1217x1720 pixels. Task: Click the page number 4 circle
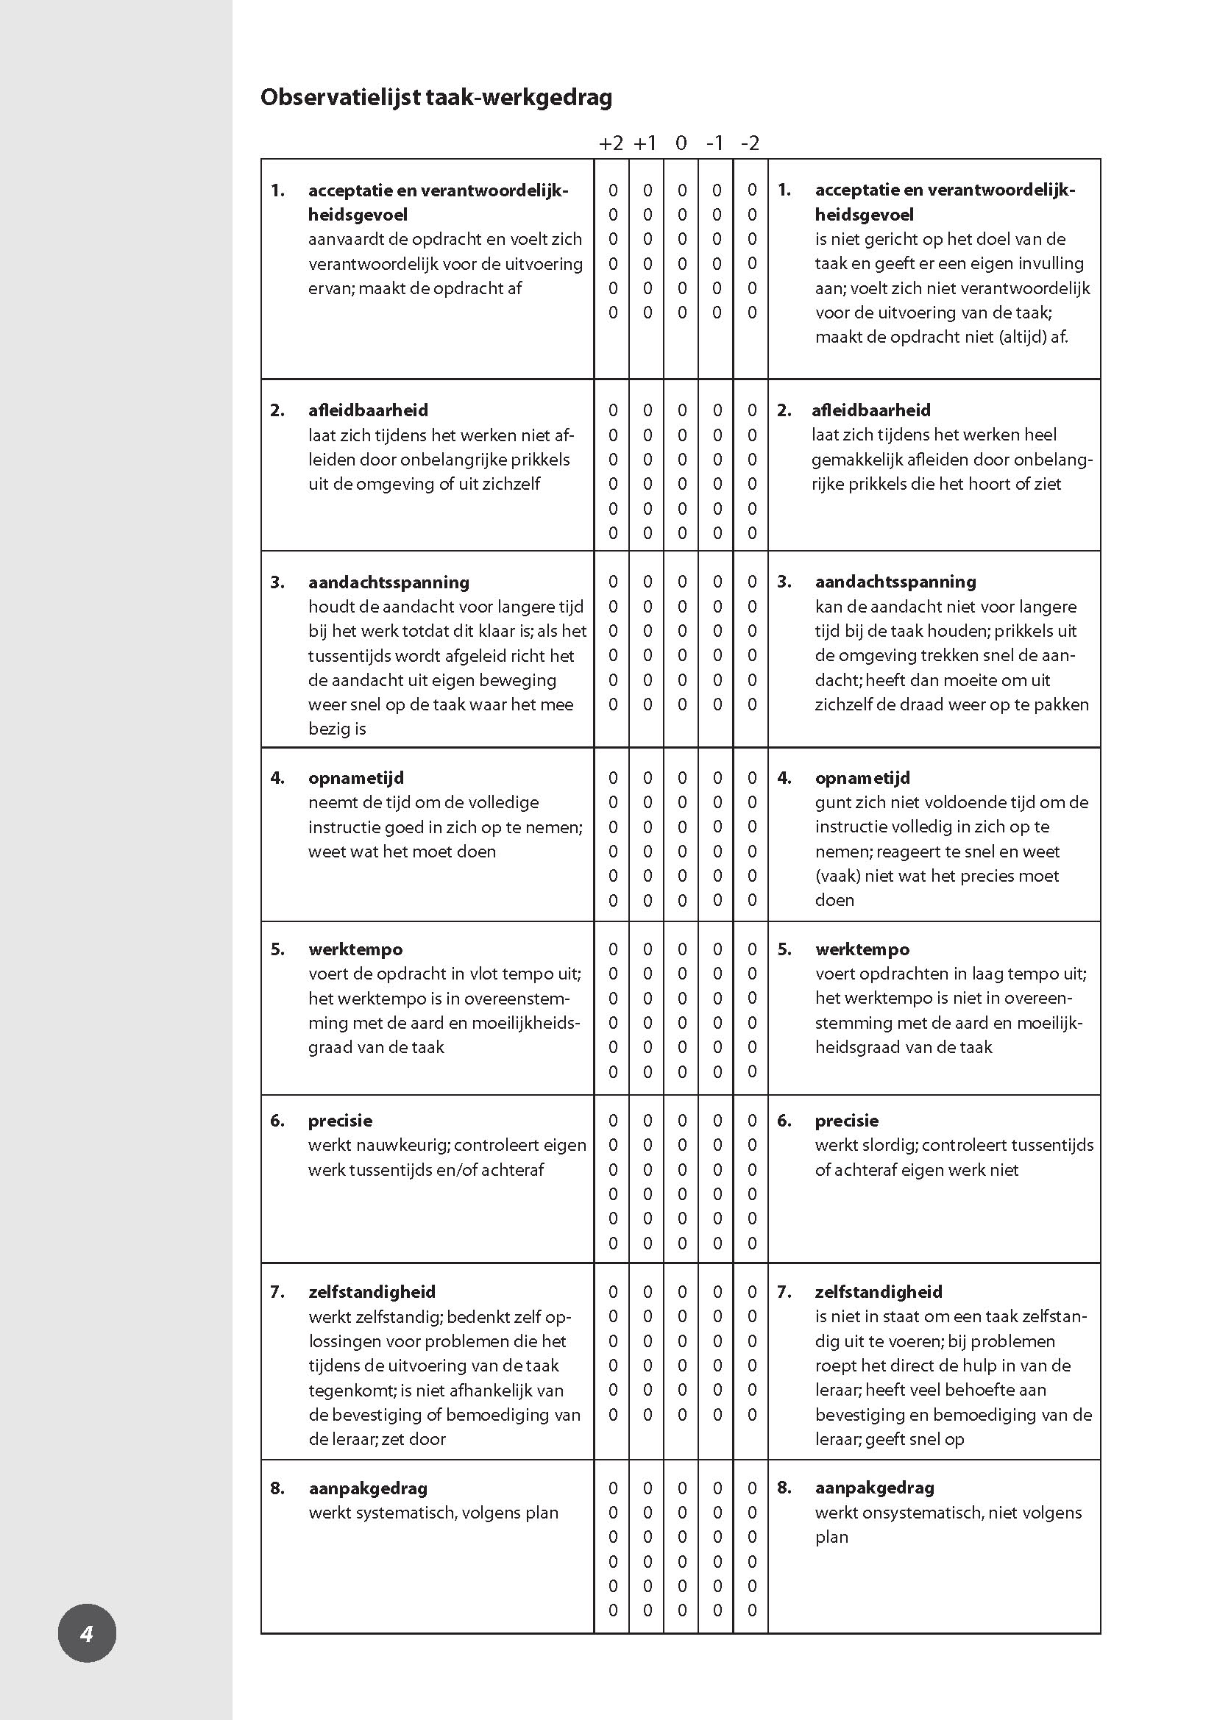pyautogui.click(x=87, y=1633)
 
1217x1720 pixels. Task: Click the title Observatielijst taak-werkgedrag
pyautogui.click(x=436, y=97)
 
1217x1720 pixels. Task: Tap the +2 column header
pyautogui.click(x=611, y=143)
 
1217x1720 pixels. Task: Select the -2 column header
pyautogui.click(x=750, y=143)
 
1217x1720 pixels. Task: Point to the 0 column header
pyautogui.click(x=681, y=143)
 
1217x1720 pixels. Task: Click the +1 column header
pyautogui.click(x=645, y=143)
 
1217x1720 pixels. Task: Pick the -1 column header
pyautogui.click(x=716, y=143)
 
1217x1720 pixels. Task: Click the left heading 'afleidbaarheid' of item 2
pyautogui.click(x=368, y=410)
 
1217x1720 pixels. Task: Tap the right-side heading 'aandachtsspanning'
pyautogui.click(x=895, y=582)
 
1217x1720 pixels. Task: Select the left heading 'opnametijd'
pyautogui.click(x=356, y=777)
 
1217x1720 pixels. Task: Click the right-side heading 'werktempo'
pyautogui.click(x=862, y=949)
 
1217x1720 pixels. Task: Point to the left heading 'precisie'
pyautogui.click(x=340, y=1121)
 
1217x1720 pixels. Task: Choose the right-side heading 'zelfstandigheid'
pyautogui.click(x=879, y=1291)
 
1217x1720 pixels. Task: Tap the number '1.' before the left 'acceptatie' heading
pyautogui.click(x=278, y=190)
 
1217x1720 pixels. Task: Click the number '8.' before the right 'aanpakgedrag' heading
pyautogui.click(x=784, y=1488)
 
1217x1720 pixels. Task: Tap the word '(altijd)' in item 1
pyautogui.click(x=1023, y=337)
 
